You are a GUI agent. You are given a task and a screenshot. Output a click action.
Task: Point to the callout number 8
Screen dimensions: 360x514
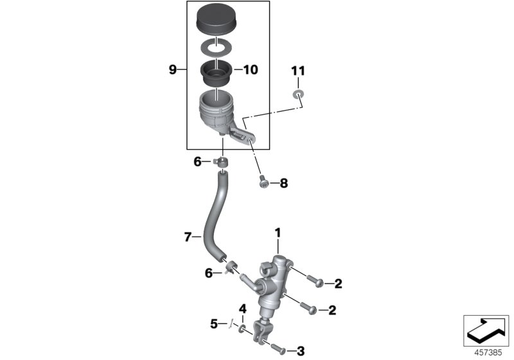(x=283, y=183)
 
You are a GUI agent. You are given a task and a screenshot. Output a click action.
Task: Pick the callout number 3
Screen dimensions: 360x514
(x=299, y=351)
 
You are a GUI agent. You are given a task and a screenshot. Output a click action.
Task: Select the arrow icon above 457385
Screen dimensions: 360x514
(x=486, y=330)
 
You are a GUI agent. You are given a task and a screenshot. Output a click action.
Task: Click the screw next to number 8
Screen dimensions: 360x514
(x=263, y=182)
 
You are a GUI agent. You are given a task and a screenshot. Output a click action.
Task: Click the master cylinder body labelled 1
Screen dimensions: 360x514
(x=270, y=283)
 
